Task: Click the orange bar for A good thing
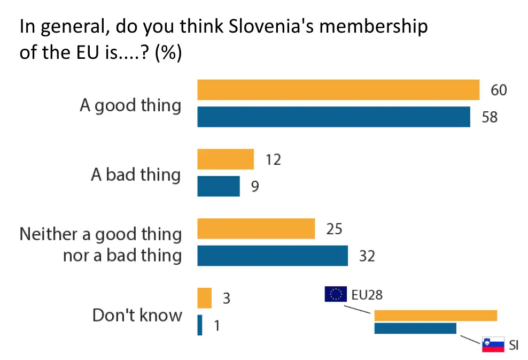(338, 90)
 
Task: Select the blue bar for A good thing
(333, 117)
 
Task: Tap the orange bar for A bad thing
(226, 159)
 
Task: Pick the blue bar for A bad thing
(219, 186)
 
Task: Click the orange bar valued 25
(256, 229)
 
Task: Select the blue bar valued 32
(273, 256)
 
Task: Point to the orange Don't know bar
(205, 298)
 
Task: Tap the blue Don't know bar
(200, 325)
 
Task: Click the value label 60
(499, 90)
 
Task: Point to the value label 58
(490, 117)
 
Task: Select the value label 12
(273, 159)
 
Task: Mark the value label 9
(255, 187)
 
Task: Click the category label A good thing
(130, 105)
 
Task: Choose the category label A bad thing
(136, 175)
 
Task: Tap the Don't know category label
(137, 315)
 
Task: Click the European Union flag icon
(336, 294)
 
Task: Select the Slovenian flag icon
(493, 344)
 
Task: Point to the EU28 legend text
(367, 294)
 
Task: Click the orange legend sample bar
(436, 316)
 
